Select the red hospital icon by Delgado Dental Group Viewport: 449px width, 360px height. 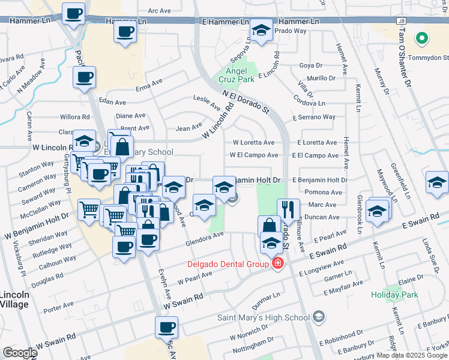[277, 263]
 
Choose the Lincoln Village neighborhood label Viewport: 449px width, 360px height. [13, 299]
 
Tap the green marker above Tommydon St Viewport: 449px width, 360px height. [422, 40]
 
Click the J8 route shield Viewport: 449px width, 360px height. [401, 20]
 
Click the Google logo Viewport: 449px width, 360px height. [20, 353]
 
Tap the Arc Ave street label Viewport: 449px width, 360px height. [160, 11]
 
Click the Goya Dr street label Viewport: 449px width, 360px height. [311, 65]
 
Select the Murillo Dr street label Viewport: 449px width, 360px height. [321, 79]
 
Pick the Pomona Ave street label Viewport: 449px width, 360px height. [323, 193]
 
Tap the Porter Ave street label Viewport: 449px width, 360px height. [58, 308]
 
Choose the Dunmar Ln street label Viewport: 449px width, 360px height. [268, 296]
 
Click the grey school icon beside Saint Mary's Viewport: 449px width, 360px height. [318, 317]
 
